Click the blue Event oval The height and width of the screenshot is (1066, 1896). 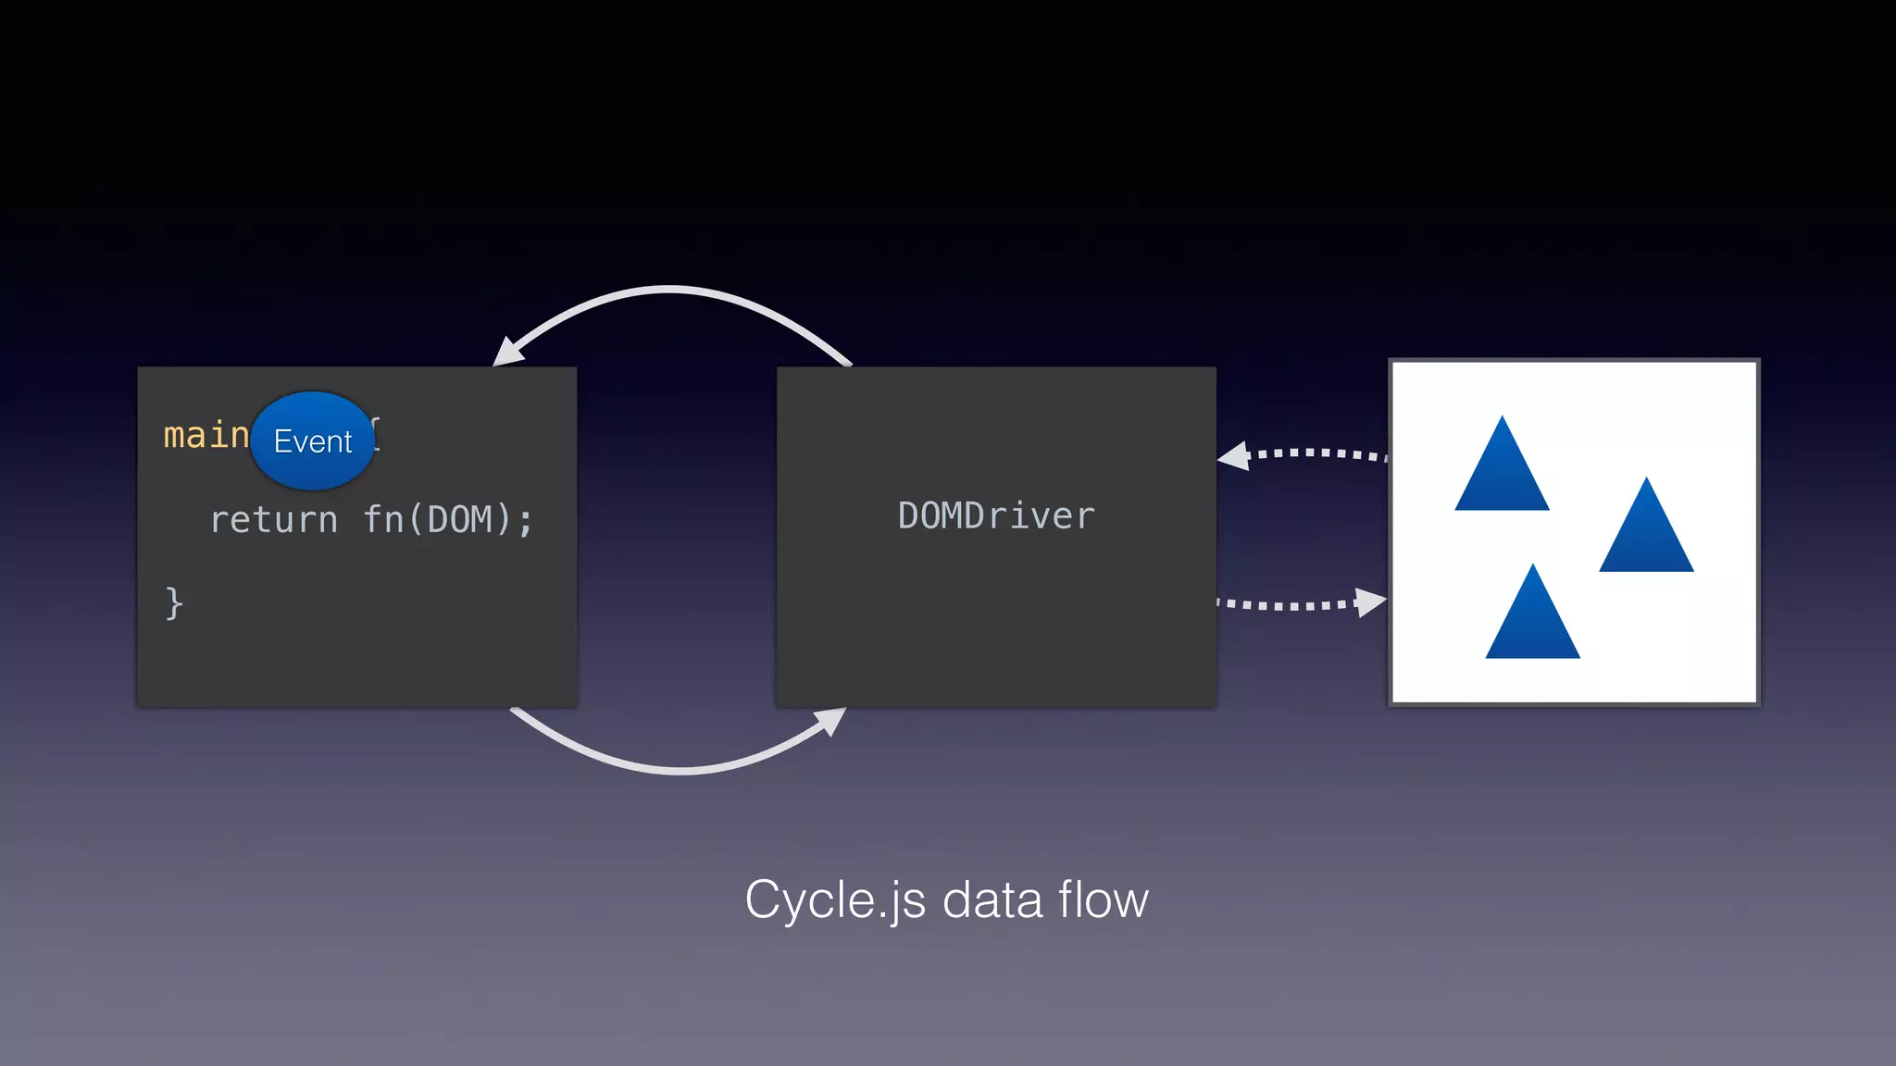[313, 441]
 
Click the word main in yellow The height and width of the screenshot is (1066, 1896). [206, 435]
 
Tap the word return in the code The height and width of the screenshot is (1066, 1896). [273, 520]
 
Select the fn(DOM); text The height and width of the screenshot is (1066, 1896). [448, 520]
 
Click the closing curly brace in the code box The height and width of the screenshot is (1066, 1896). [174, 603]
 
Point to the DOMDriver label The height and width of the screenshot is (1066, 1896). [996, 516]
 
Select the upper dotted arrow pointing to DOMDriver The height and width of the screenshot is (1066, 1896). [1315, 453]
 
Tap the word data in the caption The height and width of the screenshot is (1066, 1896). [992, 899]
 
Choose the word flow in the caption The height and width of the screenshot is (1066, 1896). [1103, 899]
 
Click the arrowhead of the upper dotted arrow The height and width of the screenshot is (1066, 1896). [1234, 456]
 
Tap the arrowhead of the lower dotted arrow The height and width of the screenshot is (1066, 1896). [1370, 601]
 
